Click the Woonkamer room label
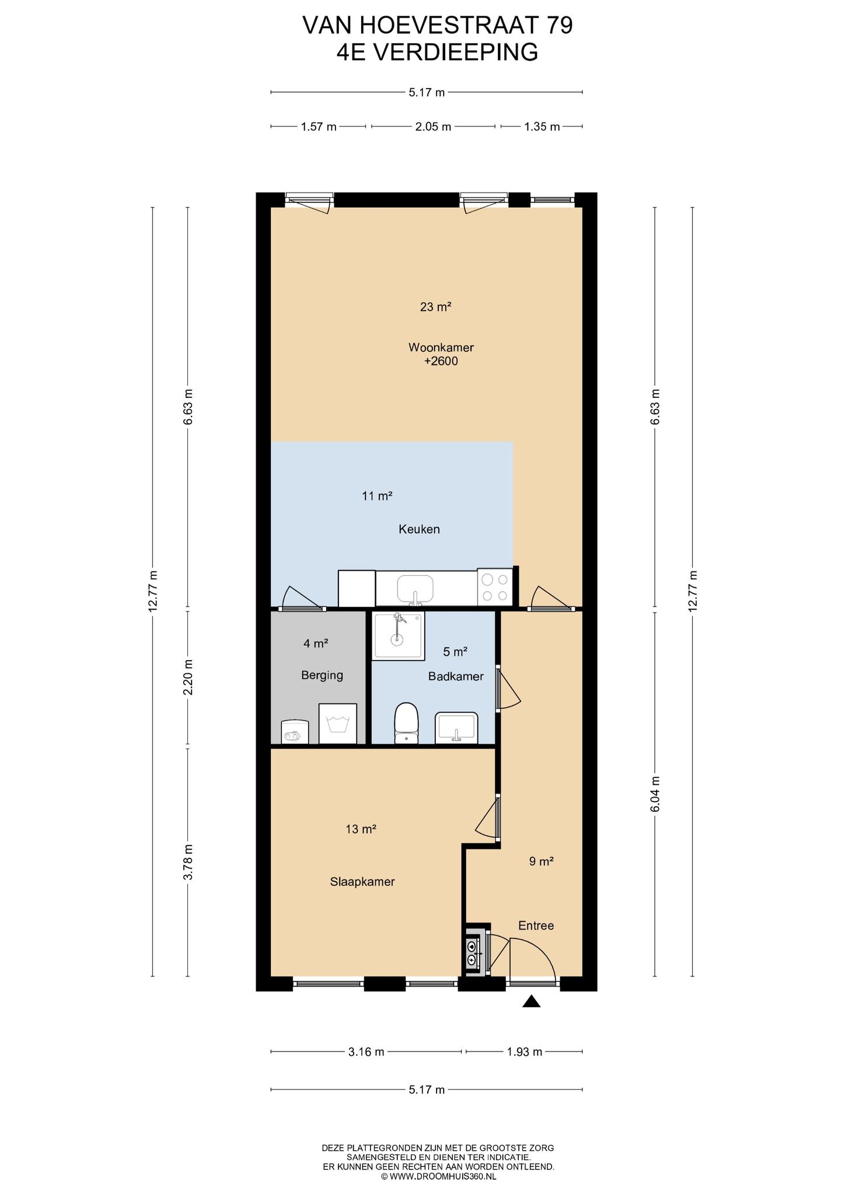point(441,348)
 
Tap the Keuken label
point(419,529)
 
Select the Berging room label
point(322,676)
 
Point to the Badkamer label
point(456,676)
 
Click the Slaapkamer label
point(362,882)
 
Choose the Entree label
point(536,925)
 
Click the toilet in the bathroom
point(407,724)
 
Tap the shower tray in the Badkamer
point(399,637)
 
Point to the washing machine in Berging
point(337,724)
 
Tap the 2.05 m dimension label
point(433,127)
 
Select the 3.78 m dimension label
point(188,862)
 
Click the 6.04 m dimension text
point(655,794)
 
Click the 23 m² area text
point(436,307)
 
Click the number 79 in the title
point(560,26)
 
